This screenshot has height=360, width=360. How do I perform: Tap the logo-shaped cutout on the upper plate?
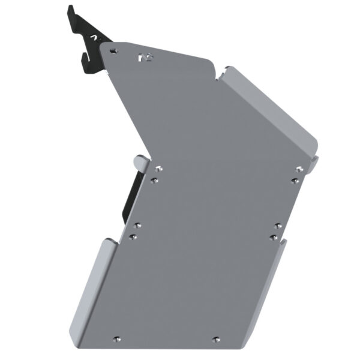(x=145, y=58)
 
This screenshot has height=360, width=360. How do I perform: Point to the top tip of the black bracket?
(x=70, y=8)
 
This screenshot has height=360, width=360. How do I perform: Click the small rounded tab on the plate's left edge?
(x=139, y=162)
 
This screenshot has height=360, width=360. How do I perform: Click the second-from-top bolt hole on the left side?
(x=154, y=179)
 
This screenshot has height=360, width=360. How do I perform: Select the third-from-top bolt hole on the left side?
(x=137, y=226)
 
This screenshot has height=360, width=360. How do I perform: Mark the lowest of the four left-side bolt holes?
(x=134, y=237)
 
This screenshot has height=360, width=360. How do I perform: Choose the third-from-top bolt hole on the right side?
(x=277, y=226)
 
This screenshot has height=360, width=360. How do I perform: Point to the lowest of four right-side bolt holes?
(x=273, y=238)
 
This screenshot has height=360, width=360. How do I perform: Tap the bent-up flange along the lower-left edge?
(x=96, y=282)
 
